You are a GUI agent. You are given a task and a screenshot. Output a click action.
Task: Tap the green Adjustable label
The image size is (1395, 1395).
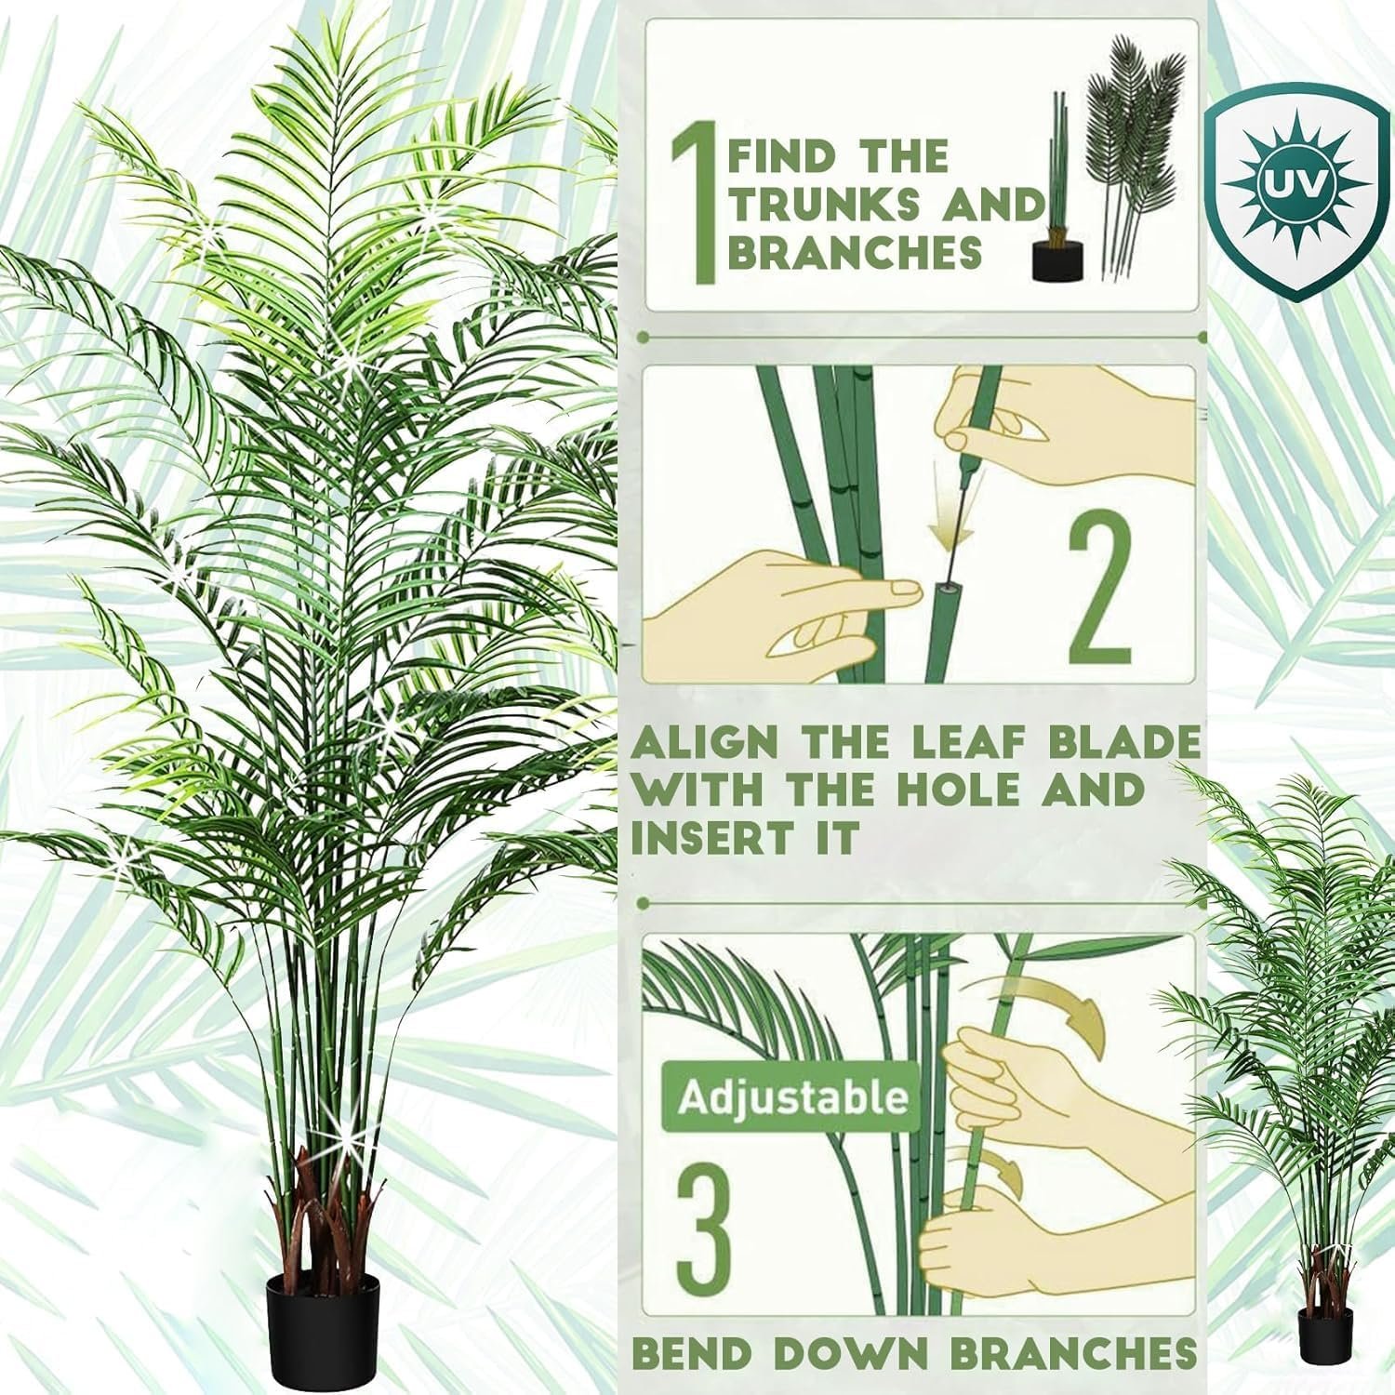(x=791, y=1097)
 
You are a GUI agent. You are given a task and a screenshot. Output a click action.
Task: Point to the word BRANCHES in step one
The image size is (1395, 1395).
(x=855, y=252)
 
